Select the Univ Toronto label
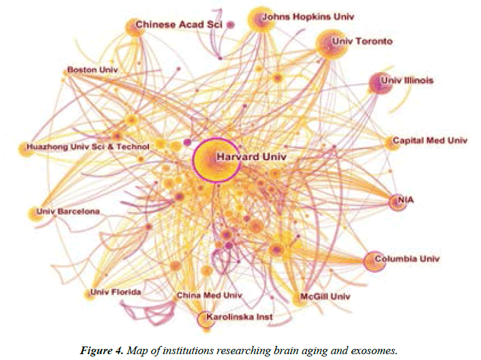coord(362,42)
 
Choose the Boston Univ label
coord(93,70)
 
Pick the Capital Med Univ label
coord(430,141)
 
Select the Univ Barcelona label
coord(68,211)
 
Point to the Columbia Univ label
coord(407,259)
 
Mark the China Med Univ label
coord(209,296)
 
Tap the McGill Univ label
coord(325,297)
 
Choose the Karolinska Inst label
coord(235,317)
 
